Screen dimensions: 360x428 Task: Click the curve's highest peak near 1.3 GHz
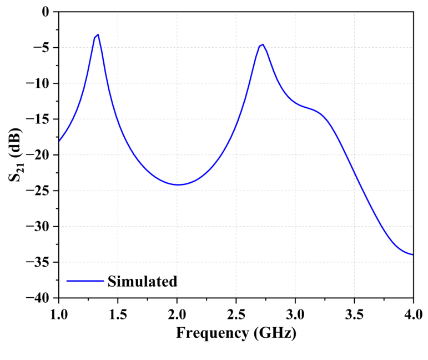(x=98, y=34)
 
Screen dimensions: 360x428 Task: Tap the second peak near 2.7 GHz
(x=262, y=44)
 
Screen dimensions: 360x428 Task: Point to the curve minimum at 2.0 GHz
(x=178, y=184)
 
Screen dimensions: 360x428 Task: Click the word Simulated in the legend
(x=143, y=281)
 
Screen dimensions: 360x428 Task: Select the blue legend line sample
(x=85, y=281)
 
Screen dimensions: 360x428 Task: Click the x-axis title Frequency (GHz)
(x=236, y=333)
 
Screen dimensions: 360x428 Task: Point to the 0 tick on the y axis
(x=46, y=12)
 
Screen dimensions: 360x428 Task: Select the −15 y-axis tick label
(x=40, y=119)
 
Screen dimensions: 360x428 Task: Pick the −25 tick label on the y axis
(x=40, y=191)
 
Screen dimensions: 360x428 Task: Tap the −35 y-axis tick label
(x=40, y=262)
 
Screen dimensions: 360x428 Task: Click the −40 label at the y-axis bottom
(x=40, y=298)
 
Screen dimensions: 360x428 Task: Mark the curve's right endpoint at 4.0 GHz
(x=413, y=254)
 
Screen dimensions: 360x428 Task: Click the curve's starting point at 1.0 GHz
(x=58, y=141)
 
